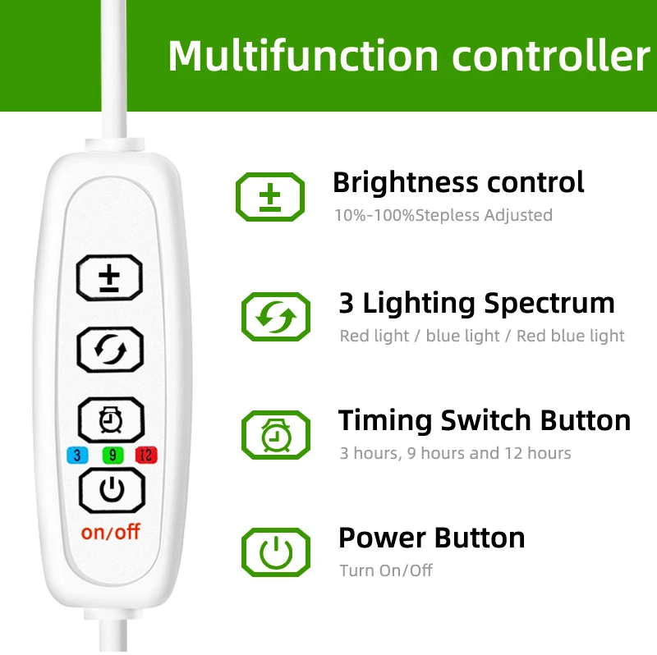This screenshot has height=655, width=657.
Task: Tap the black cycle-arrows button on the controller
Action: (x=109, y=350)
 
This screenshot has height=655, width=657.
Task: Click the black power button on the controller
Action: (x=112, y=491)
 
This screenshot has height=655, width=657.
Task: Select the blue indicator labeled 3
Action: (x=76, y=455)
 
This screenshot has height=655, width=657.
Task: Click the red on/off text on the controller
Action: (x=111, y=531)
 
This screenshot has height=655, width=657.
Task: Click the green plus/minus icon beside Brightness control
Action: (x=270, y=197)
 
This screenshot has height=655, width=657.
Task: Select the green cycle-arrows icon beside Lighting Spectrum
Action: (x=276, y=317)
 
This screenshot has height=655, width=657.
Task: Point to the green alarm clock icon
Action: (x=276, y=434)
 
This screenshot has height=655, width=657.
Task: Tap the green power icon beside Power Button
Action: (x=276, y=552)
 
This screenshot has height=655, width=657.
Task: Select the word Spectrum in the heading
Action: (x=549, y=304)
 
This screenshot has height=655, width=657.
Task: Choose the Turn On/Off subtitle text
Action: (x=385, y=570)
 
